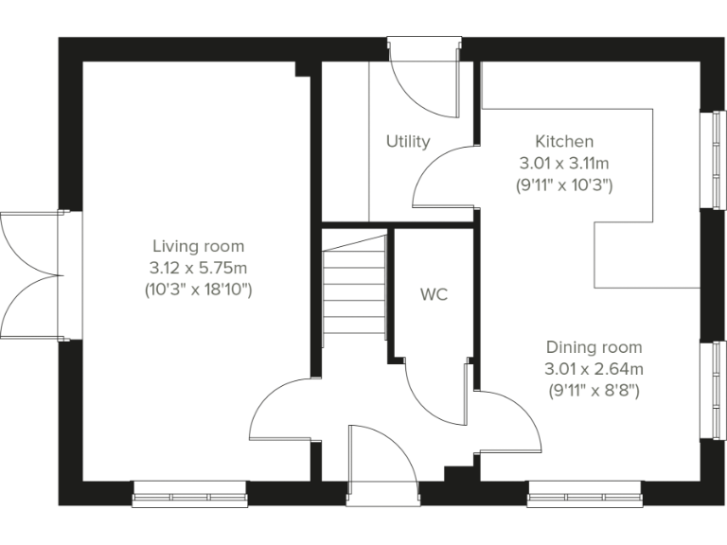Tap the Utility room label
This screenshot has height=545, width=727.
coord(408,141)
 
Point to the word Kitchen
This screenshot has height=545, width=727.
coord(564,141)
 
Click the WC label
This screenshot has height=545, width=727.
coord(434,294)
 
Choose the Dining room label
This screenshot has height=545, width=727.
coord(594,347)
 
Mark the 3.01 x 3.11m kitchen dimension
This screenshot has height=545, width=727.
coord(564,163)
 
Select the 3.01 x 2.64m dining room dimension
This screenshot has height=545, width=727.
coord(594,369)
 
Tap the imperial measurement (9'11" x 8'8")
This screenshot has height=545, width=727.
coord(594,390)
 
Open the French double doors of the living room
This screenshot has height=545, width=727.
coord(30,273)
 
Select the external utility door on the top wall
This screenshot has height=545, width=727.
coord(423,76)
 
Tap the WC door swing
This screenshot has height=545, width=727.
coord(435,393)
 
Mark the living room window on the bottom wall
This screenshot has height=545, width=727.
coord(188,491)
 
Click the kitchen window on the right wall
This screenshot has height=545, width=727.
coord(707,157)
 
